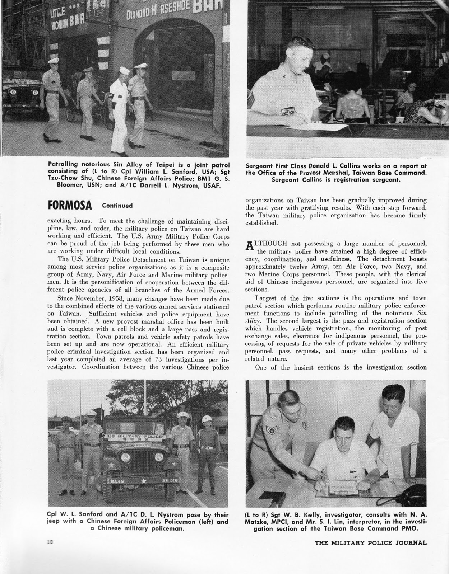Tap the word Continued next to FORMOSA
click(117, 206)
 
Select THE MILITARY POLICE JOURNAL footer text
click(371, 542)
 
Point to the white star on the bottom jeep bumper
click(143, 480)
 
